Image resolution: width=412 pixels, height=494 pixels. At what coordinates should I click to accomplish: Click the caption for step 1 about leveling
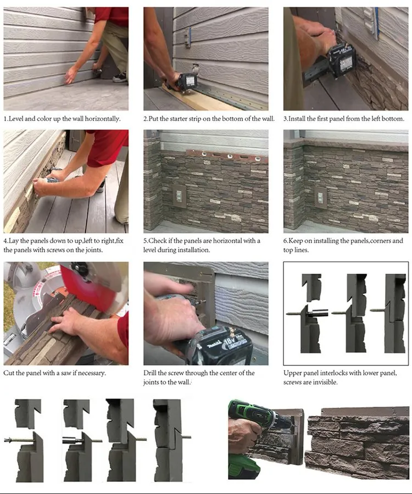(62, 119)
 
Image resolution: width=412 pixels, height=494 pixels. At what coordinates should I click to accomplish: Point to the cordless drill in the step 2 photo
(186, 82)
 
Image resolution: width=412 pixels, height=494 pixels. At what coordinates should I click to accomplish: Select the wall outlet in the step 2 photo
(187, 37)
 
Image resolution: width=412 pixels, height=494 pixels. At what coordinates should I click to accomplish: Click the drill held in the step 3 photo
(341, 58)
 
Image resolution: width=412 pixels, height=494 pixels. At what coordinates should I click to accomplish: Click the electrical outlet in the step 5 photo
(179, 195)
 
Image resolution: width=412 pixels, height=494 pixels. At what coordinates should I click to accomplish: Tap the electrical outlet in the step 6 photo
(320, 197)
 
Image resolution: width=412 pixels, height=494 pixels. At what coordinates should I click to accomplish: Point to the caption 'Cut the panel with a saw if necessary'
(55, 373)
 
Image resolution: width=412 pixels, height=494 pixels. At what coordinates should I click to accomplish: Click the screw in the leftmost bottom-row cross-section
(19, 440)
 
